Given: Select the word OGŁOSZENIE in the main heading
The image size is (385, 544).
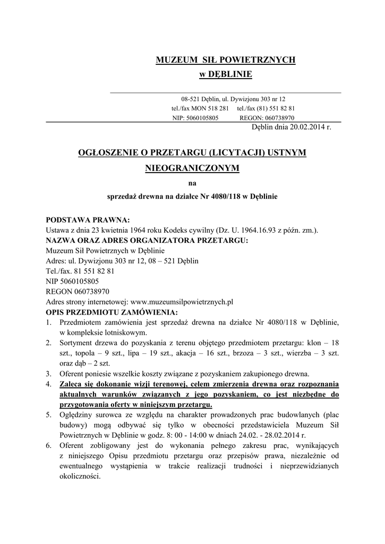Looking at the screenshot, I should pos(108,153).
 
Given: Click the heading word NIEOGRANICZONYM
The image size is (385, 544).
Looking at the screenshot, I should pos(192,168).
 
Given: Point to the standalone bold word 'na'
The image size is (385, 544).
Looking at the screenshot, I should pos(192,184).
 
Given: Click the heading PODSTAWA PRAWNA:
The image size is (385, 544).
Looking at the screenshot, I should pos(88,220).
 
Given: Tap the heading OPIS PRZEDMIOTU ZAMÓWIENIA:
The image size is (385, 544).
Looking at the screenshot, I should pos(112,311).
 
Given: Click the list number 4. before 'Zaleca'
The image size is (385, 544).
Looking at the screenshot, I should pos(48,384).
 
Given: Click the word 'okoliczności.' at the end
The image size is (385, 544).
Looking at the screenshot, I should pos(80,476).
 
